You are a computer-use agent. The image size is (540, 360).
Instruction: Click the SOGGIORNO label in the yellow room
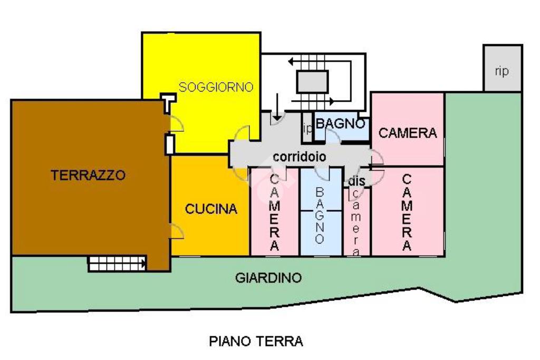216,87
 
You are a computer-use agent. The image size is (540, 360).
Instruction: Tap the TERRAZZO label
88,175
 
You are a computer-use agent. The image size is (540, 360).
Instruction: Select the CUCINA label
211,209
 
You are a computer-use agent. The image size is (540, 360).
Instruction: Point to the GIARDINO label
268,278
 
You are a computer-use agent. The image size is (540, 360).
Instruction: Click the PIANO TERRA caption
256,342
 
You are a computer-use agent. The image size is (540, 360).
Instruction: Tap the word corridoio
300,157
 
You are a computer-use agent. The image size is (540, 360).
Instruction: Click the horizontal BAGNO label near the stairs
340,123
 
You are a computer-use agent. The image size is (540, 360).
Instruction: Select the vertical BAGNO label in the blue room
320,216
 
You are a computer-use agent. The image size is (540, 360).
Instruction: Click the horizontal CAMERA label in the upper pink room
408,133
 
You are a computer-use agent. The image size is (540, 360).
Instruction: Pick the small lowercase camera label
356,223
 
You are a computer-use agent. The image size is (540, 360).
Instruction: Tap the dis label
356,181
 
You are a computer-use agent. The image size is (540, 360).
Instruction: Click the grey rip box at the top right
503,68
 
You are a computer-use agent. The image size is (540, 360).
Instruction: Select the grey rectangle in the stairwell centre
312,82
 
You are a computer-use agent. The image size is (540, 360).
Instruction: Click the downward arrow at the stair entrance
277,107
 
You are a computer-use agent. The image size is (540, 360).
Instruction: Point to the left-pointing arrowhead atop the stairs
291,62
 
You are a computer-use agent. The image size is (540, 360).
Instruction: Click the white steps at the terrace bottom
117,264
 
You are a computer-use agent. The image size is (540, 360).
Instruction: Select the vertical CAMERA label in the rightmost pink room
407,212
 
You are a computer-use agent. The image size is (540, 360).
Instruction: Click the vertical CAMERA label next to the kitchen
274,212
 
